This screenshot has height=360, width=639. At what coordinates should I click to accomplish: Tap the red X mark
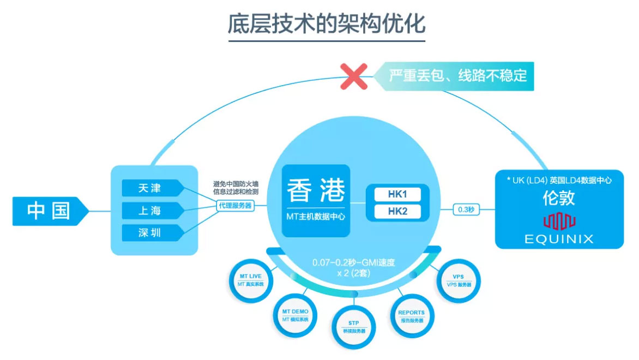pyautogui.click(x=353, y=76)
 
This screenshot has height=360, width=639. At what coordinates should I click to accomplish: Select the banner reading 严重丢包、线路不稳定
pyautogui.click(x=457, y=75)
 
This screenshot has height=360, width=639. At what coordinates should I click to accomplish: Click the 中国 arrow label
pyautogui.click(x=49, y=211)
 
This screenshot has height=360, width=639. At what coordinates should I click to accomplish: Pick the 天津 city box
pyautogui.click(x=149, y=188)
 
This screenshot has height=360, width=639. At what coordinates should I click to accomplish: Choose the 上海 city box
pyautogui.click(x=149, y=211)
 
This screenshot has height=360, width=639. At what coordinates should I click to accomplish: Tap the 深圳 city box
pyautogui.click(x=149, y=233)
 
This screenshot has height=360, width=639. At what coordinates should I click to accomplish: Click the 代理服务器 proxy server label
pyautogui.click(x=235, y=206)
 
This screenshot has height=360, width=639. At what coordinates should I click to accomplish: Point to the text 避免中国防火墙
pyautogui.click(x=236, y=183)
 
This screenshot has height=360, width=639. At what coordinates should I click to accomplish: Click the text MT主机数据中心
pyautogui.click(x=316, y=217)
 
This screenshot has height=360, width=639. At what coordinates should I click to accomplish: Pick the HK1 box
pyautogui.click(x=397, y=194)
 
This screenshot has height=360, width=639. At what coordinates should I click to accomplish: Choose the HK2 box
pyautogui.click(x=397, y=211)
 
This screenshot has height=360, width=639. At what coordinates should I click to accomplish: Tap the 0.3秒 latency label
pyautogui.click(x=466, y=209)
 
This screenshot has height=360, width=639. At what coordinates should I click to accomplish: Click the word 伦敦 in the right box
pyautogui.click(x=558, y=197)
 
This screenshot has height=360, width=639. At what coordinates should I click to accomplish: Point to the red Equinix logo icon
pyautogui.click(x=559, y=221)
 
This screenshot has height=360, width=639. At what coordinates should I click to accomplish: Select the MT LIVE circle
pyautogui.click(x=250, y=280)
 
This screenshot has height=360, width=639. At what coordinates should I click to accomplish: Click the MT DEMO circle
pyautogui.click(x=295, y=315)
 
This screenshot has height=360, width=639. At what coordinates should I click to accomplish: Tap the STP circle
pyautogui.click(x=354, y=327)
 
